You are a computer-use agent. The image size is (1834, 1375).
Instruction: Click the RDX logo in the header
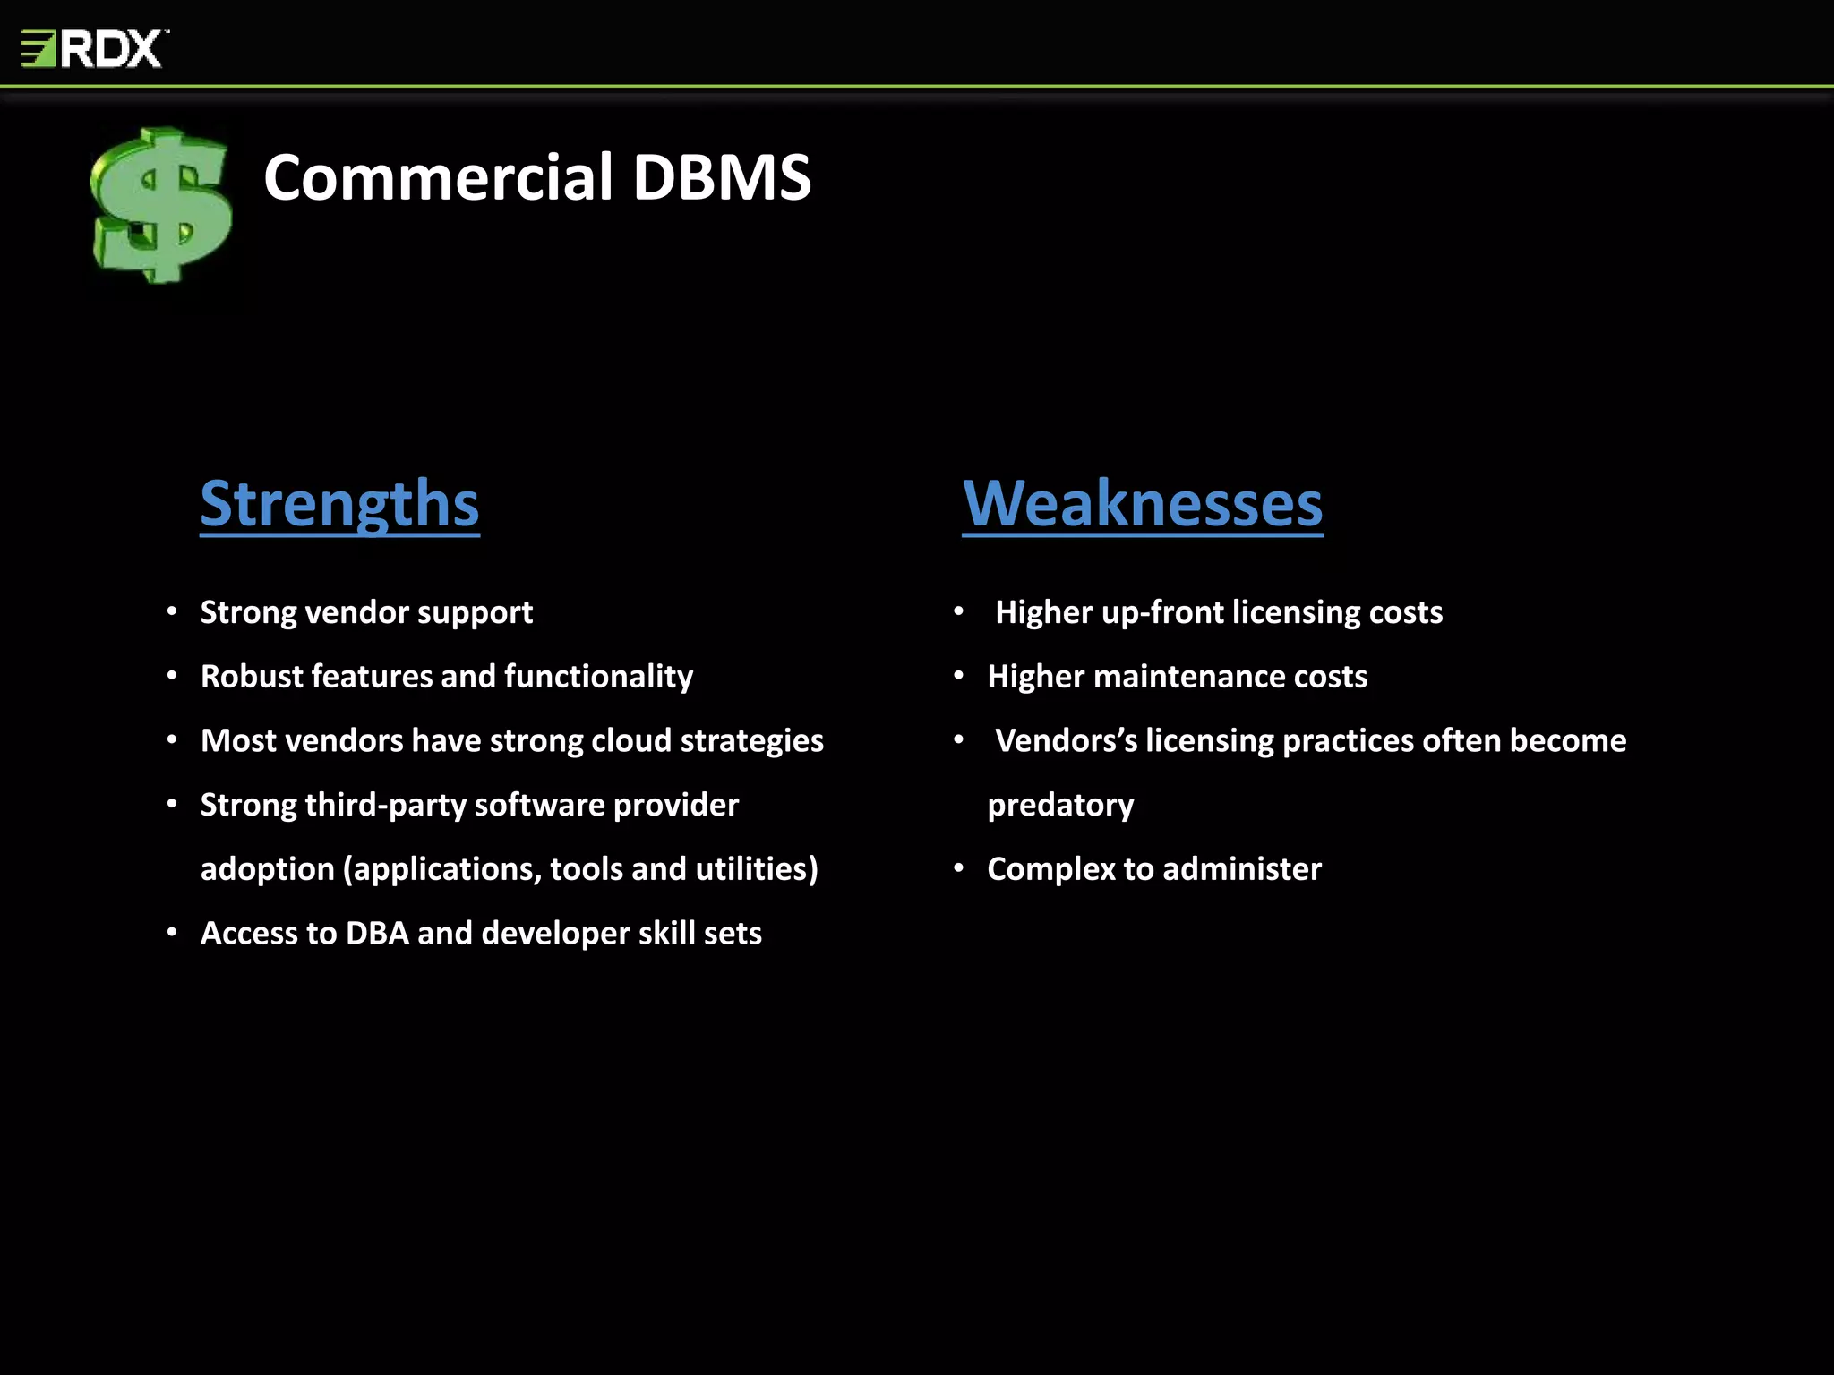point(94,48)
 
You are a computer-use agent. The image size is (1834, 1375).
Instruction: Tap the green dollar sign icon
point(161,206)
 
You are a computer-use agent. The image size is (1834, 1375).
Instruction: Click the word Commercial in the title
point(438,177)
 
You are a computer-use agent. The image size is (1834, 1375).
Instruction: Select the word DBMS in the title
point(722,177)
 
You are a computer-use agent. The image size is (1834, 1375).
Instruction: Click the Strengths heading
point(339,504)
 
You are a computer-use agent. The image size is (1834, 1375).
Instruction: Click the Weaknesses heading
point(1142,504)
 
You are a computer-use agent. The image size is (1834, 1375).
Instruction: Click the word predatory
point(1060,806)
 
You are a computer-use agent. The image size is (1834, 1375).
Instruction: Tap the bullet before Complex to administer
point(958,867)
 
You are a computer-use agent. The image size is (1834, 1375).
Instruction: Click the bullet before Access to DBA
point(172,932)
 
